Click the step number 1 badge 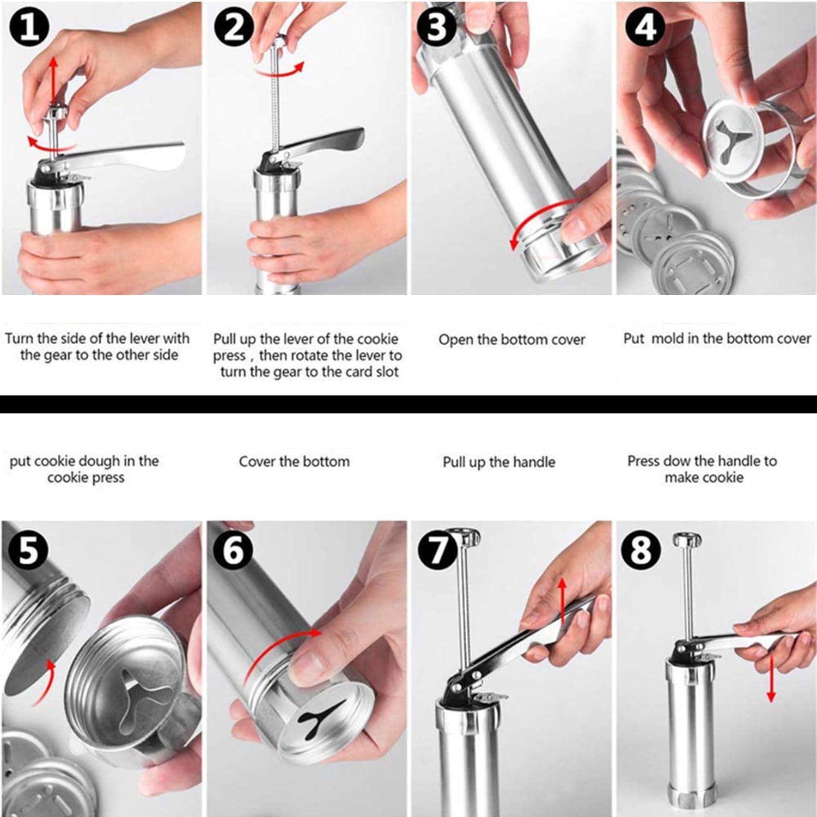[31, 27]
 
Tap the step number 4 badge [646, 27]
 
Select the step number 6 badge [233, 550]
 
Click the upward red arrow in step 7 [562, 601]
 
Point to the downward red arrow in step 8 [770, 679]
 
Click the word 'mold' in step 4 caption [668, 339]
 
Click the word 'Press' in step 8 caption [644, 461]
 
